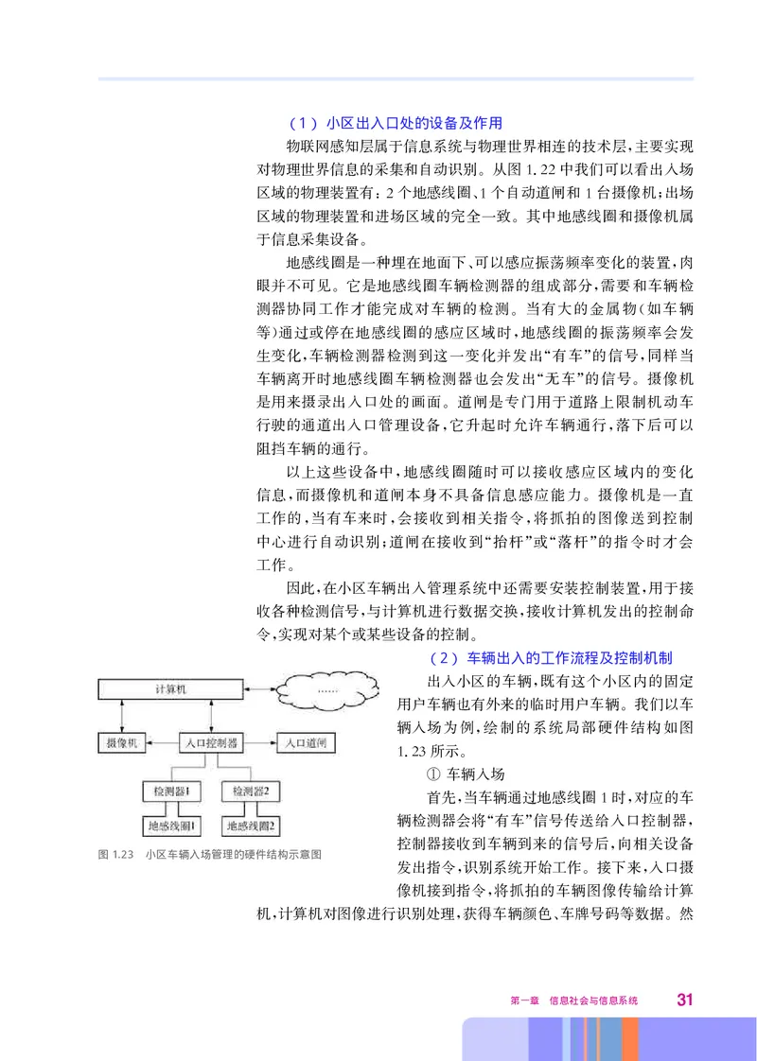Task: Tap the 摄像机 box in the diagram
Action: pos(122,742)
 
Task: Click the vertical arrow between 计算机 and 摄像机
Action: pos(120,716)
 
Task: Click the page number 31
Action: pos(686,1000)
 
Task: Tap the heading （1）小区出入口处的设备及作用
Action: pos(395,123)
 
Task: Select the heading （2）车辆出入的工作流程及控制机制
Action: pos(550,656)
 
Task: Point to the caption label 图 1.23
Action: pos(114,855)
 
